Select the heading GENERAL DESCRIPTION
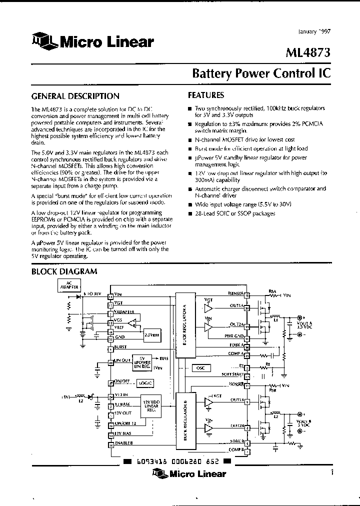pos(75,96)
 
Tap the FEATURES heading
pos(206,95)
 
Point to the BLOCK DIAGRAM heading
pos(64,271)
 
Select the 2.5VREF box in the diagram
pos(150,334)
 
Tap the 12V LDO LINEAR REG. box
pos(152,406)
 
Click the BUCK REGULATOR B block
pos(185,420)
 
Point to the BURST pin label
pos(120,346)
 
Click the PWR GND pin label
pos(233,335)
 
